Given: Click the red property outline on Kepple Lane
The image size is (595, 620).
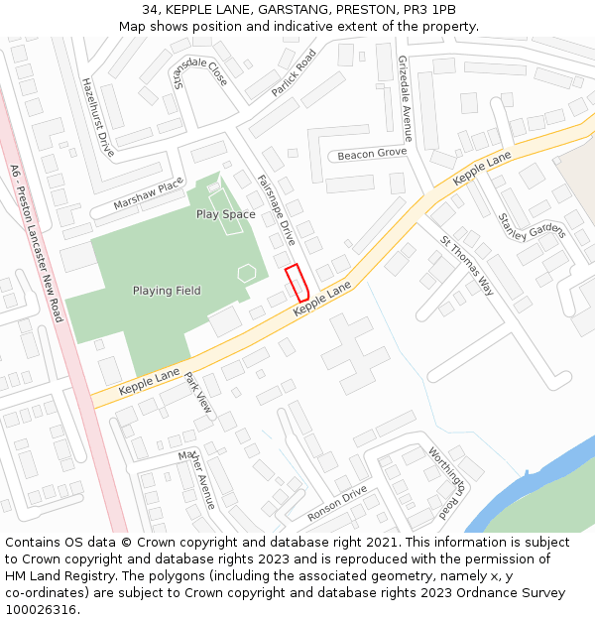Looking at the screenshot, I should click(297, 284).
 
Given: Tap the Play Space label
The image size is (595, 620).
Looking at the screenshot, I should click(225, 214).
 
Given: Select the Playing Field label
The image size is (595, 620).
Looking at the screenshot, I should click(167, 291).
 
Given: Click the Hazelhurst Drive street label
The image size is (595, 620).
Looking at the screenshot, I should click(98, 117).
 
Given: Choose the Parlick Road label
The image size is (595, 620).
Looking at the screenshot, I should click(293, 73).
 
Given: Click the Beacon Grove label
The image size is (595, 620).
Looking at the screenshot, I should click(372, 154).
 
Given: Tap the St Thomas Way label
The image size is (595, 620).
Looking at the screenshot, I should click(467, 265).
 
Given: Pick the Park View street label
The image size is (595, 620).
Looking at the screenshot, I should click(198, 393).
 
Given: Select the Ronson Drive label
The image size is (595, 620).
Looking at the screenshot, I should click(337, 504).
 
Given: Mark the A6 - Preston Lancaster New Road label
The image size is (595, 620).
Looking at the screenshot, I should click(36, 243).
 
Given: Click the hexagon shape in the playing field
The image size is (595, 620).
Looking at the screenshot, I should click(247, 271).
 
